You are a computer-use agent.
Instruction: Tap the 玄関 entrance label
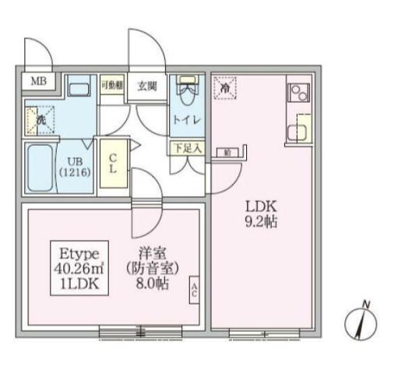click(x=148, y=85)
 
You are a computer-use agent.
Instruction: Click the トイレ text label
click(x=187, y=119)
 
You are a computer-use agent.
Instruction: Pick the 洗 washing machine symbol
click(x=40, y=119)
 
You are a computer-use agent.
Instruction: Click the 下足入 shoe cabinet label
click(x=187, y=146)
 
